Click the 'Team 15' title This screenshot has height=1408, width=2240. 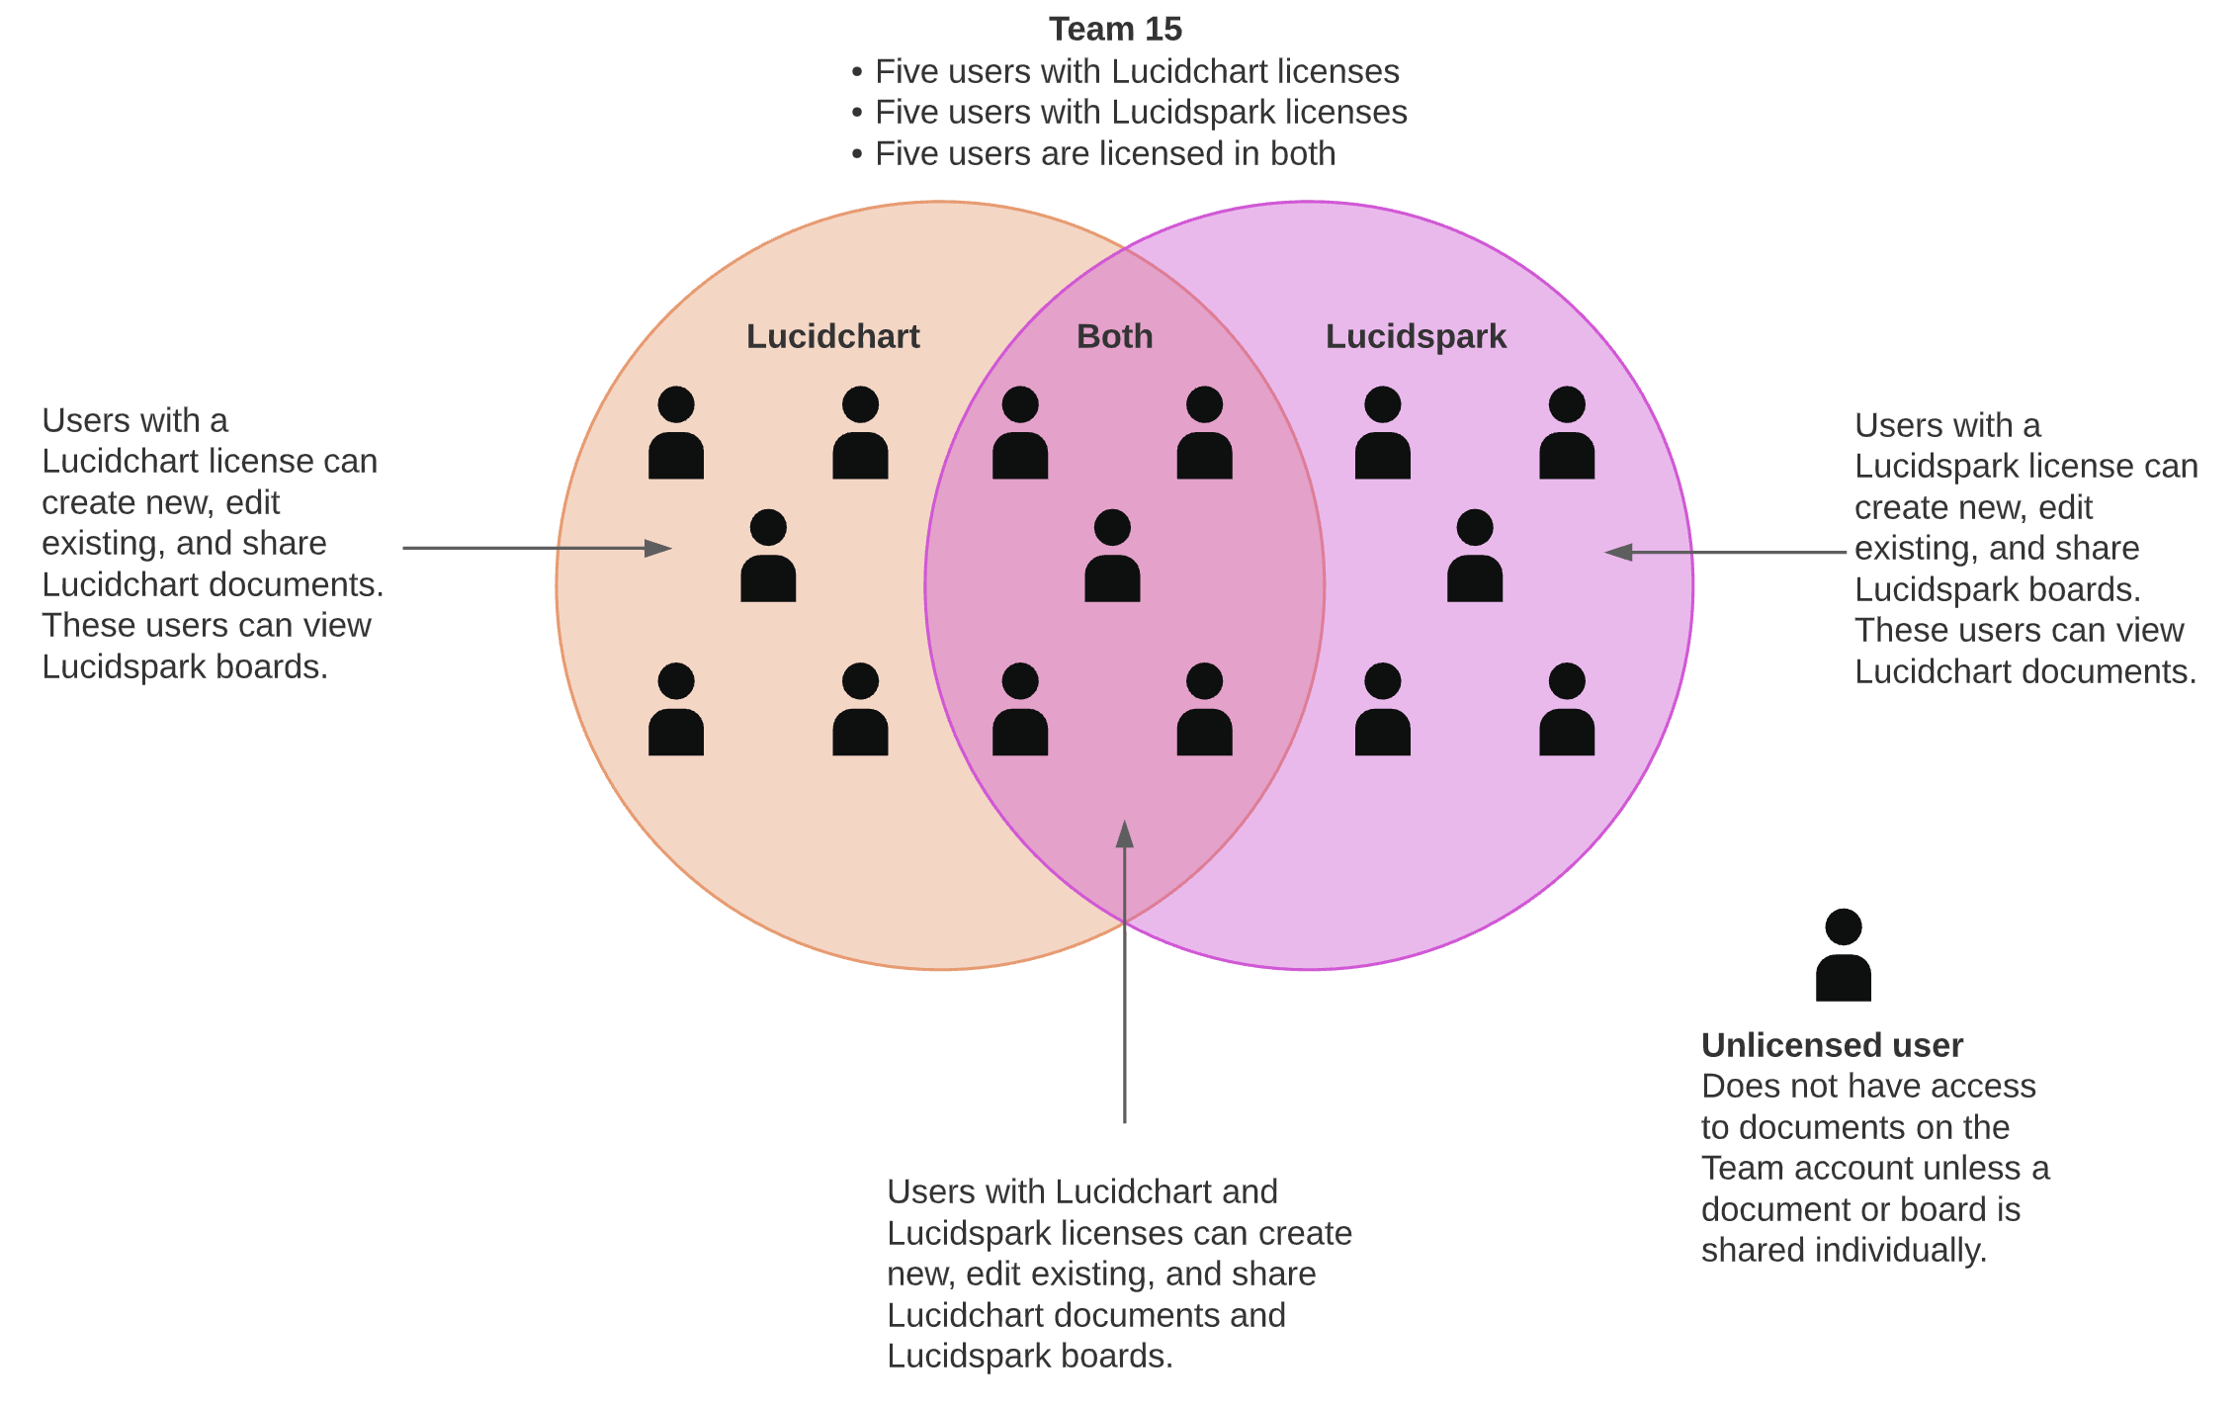(x=1114, y=30)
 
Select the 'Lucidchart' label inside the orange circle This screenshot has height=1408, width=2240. (x=832, y=336)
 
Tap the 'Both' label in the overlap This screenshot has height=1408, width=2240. (x=1114, y=336)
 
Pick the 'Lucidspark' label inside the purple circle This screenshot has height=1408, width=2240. (x=1416, y=336)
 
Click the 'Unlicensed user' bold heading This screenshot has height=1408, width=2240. (x=1831, y=1045)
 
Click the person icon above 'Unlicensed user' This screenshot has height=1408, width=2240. (x=1843, y=957)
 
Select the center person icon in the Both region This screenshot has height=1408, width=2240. (x=1112, y=558)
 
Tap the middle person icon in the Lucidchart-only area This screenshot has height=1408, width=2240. (x=768, y=558)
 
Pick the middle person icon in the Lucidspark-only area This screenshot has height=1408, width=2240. (x=1474, y=558)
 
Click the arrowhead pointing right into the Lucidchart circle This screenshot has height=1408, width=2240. (x=658, y=548)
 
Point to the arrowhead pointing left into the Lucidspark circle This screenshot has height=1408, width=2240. (x=1618, y=553)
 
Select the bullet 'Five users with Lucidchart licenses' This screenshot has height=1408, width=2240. (x=1136, y=72)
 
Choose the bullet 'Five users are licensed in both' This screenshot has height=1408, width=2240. (x=1104, y=154)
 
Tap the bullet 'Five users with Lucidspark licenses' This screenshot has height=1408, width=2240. (x=1140, y=113)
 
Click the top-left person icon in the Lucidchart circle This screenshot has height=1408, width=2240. (x=676, y=434)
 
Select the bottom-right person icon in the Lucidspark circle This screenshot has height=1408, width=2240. (x=1567, y=711)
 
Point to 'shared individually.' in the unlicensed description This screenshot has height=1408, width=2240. (x=1843, y=1251)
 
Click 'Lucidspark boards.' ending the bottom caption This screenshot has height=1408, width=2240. (x=1029, y=1356)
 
